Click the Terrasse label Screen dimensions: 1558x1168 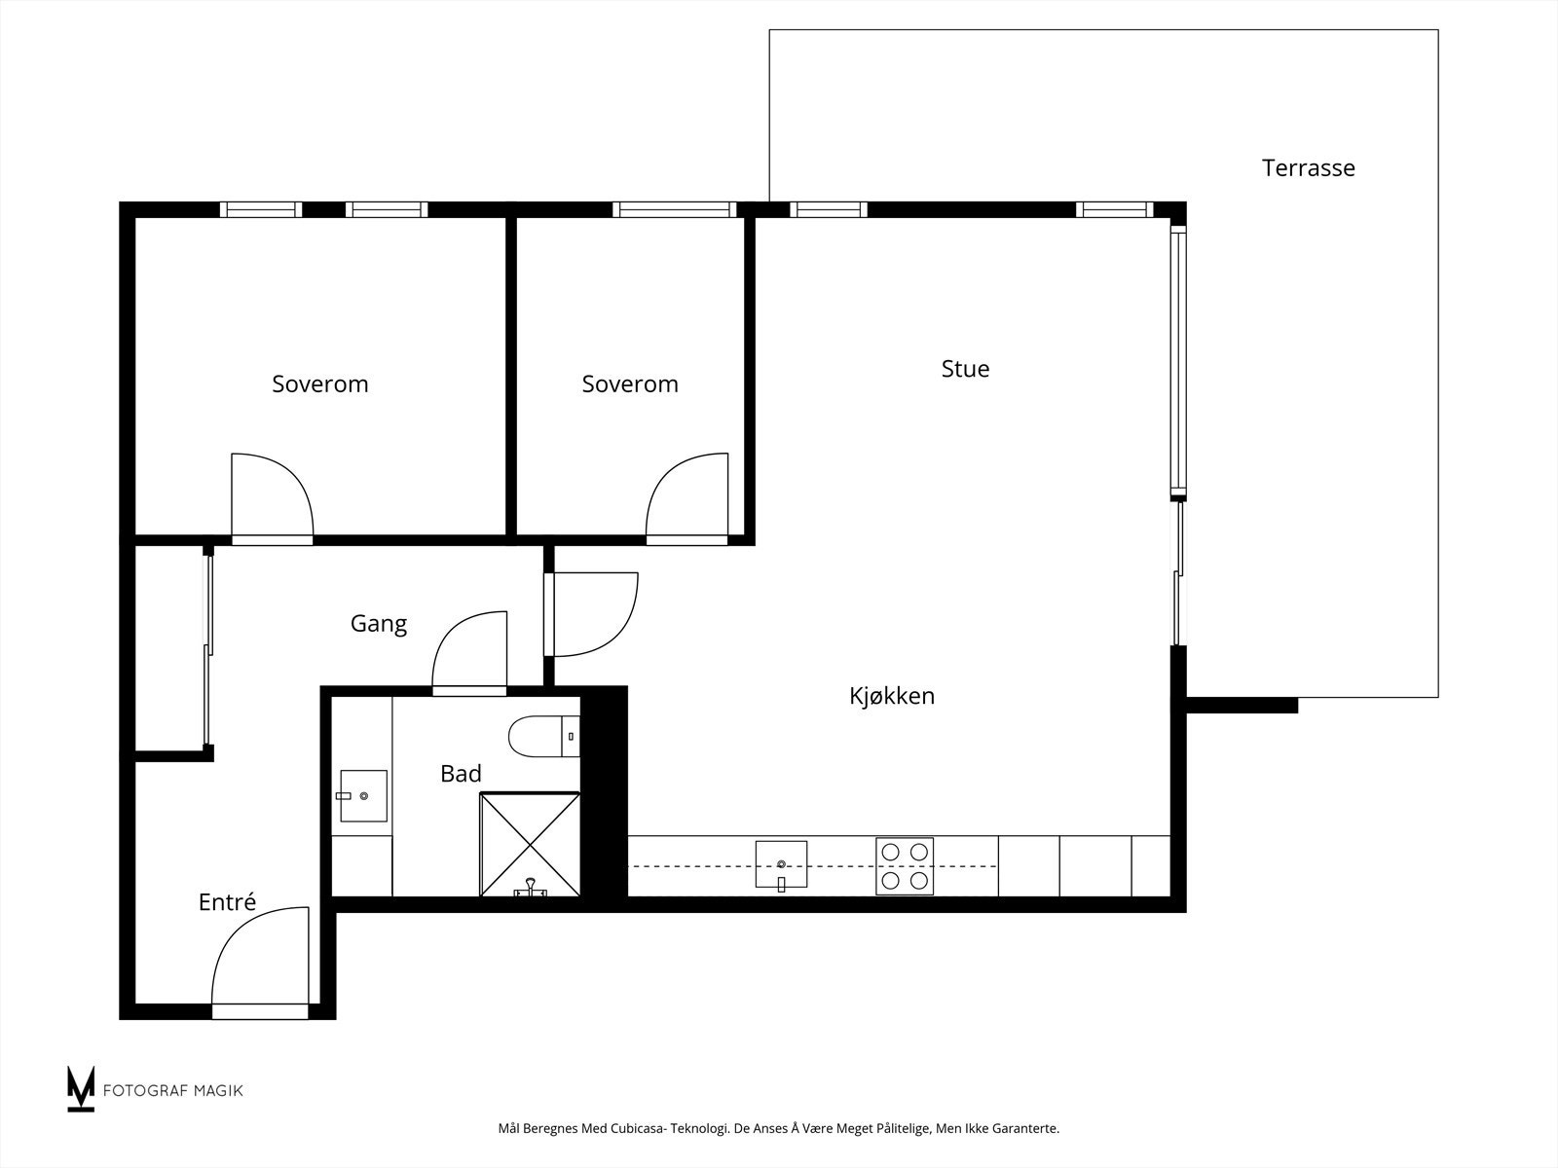(x=1308, y=168)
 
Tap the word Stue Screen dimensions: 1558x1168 (x=965, y=369)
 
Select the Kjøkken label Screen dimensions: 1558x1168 (x=892, y=696)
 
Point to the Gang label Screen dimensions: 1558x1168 (x=379, y=624)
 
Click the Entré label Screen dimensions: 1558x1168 (x=227, y=901)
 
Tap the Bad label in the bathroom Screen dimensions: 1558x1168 (x=461, y=773)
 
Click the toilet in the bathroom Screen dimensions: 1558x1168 (x=544, y=736)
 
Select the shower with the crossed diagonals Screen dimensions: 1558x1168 (x=531, y=845)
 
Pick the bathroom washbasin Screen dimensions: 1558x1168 (x=363, y=795)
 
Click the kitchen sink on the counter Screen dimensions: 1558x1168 (x=781, y=865)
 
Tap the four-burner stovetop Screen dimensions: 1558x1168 (x=905, y=866)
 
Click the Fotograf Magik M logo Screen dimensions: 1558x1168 (x=81, y=1088)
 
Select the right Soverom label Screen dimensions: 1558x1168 (x=630, y=383)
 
